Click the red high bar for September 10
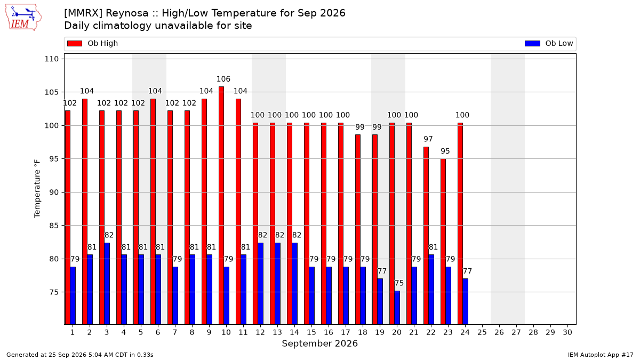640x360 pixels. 221,205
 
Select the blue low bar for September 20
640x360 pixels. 397,308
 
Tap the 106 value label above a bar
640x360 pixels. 223,79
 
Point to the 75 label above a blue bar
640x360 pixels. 399,283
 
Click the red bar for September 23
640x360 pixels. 443,242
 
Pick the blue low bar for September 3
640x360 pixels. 107,284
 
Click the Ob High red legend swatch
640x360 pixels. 75,43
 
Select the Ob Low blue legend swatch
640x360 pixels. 532,43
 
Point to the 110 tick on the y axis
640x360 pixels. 51,59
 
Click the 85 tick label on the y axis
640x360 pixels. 54,226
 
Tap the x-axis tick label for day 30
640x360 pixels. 567,332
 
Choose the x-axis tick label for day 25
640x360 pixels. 482,332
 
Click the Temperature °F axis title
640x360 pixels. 37,189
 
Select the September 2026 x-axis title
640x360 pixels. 319,343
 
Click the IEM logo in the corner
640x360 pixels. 23,18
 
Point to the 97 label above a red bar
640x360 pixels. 428,139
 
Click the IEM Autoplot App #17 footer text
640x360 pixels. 601,355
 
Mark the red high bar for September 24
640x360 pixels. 460,223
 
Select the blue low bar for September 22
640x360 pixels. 431,290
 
